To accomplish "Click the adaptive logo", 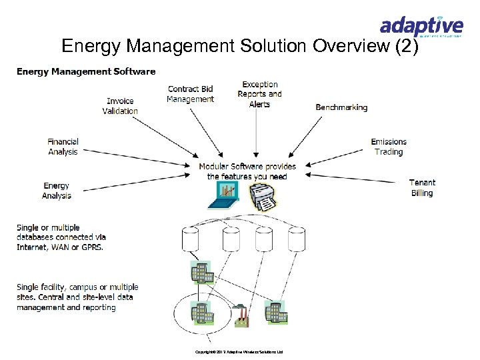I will click(421, 27).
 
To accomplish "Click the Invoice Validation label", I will click(120, 106).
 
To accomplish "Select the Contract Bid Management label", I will click(190, 94).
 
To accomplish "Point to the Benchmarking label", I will click(341, 107).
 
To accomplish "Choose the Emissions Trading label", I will click(389, 147).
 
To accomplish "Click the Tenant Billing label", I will click(422, 187).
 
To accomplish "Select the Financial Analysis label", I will click(63, 147).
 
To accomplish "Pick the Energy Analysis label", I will click(57, 191).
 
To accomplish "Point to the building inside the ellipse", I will click(201, 312).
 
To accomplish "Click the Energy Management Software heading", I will click(86, 71).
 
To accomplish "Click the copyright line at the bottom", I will click(239, 351).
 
